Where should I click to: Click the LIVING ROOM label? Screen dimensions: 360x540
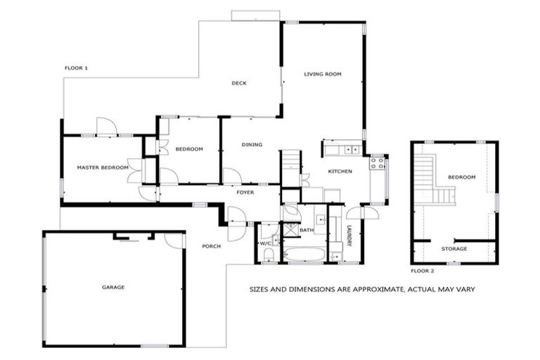323,74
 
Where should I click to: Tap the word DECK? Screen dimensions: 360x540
239,83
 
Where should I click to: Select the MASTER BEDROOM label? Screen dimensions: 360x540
103,167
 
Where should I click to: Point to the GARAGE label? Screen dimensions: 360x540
113,287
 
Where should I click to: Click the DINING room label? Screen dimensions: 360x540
252,145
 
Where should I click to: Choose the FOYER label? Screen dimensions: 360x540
245,192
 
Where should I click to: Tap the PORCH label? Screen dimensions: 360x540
211,246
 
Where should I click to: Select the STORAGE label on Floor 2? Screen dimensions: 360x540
454,249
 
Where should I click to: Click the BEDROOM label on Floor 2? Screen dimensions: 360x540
462,177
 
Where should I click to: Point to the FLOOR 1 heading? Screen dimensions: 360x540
76,68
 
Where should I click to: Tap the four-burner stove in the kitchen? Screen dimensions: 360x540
378,163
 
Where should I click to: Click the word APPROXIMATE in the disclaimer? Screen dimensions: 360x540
370,289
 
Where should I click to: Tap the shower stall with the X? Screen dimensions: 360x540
289,230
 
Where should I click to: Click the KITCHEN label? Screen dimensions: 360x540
340,172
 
